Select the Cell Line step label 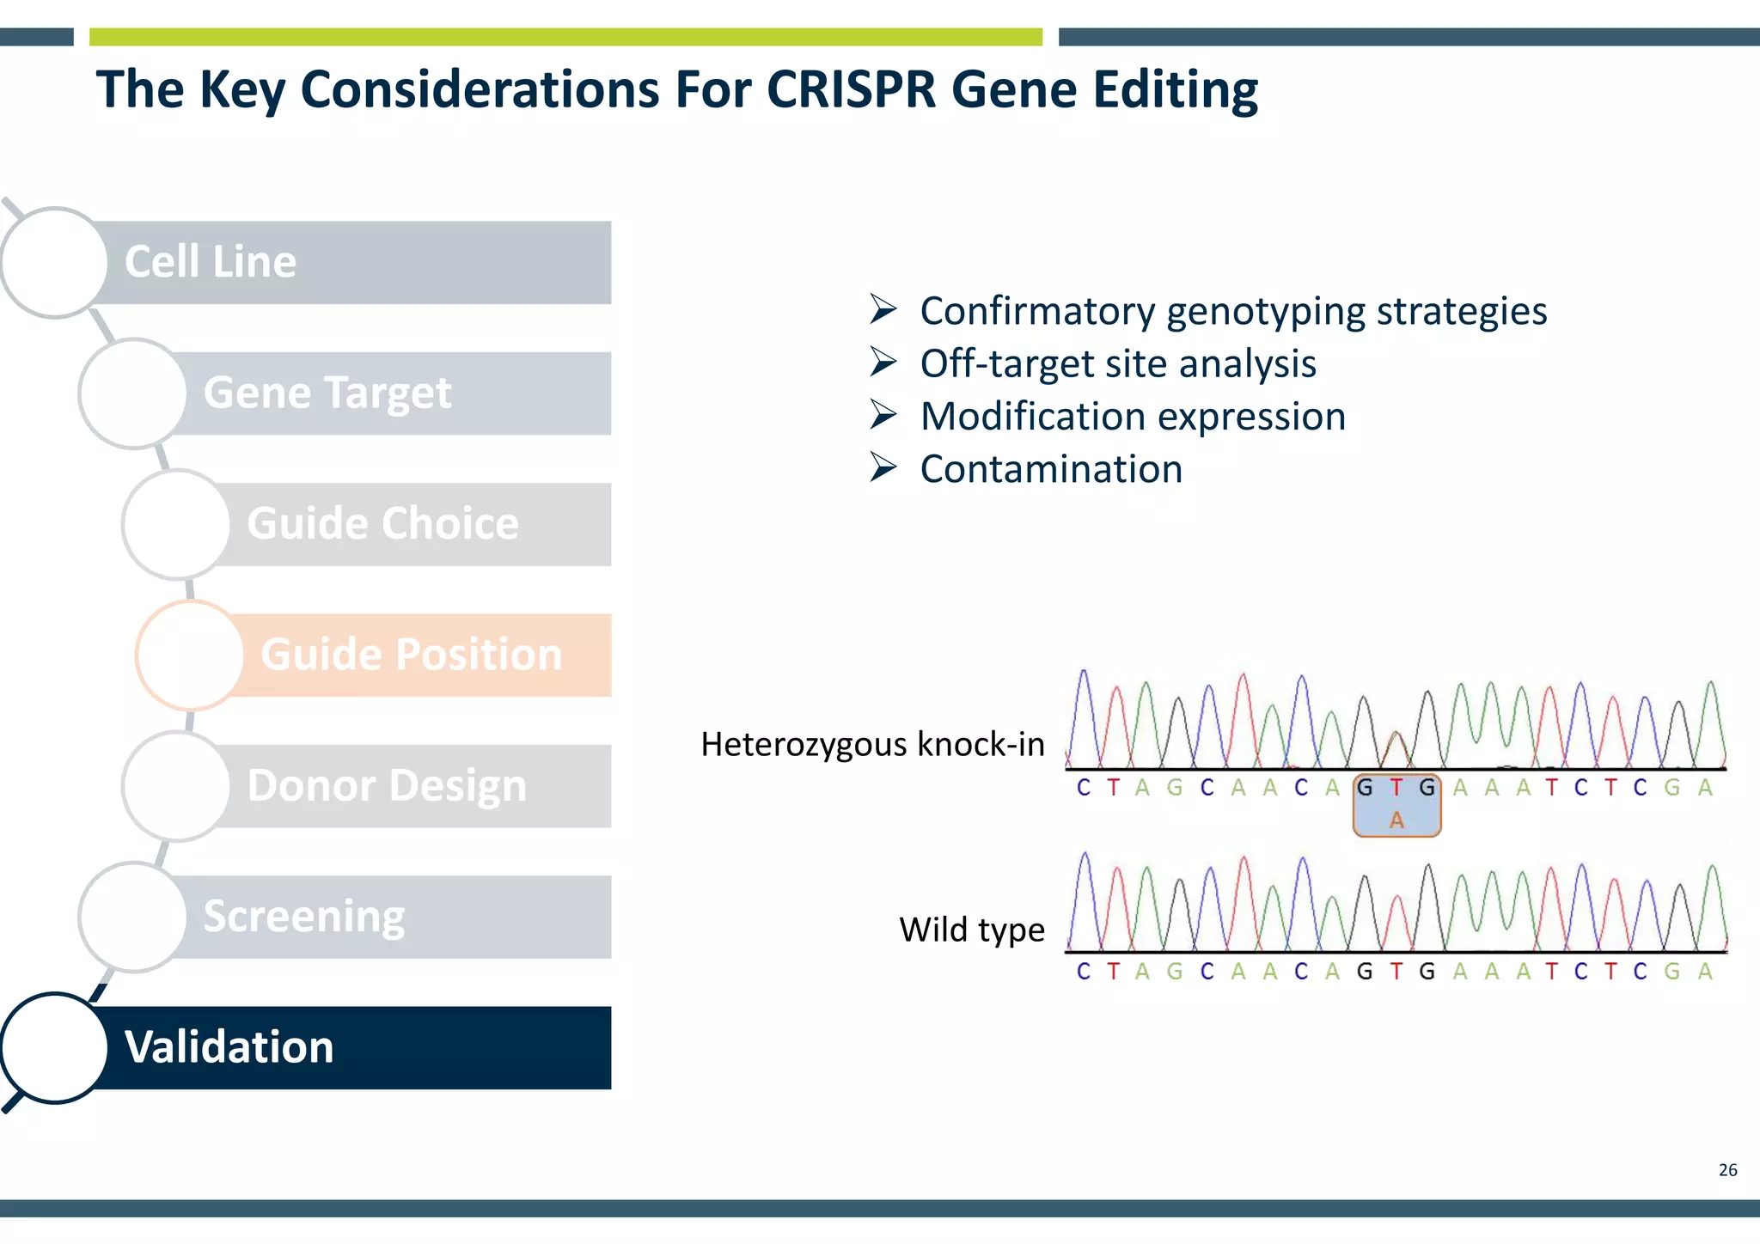(211, 262)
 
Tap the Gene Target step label (327, 393)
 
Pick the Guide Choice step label (382, 524)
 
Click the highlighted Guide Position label (412, 655)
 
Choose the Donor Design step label (387, 786)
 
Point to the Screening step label (304, 917)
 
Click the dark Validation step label (229, 1047)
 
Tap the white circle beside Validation (54, 1047)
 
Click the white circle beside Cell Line (54, 262)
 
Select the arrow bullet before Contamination (883, 468)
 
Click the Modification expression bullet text (1133, 417)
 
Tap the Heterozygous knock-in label (872, 744)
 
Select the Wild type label (971, 930)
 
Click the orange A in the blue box (1396, 820)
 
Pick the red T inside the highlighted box (1396, 787)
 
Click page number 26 (1727, 1170)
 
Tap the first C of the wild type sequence (1084, 972)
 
